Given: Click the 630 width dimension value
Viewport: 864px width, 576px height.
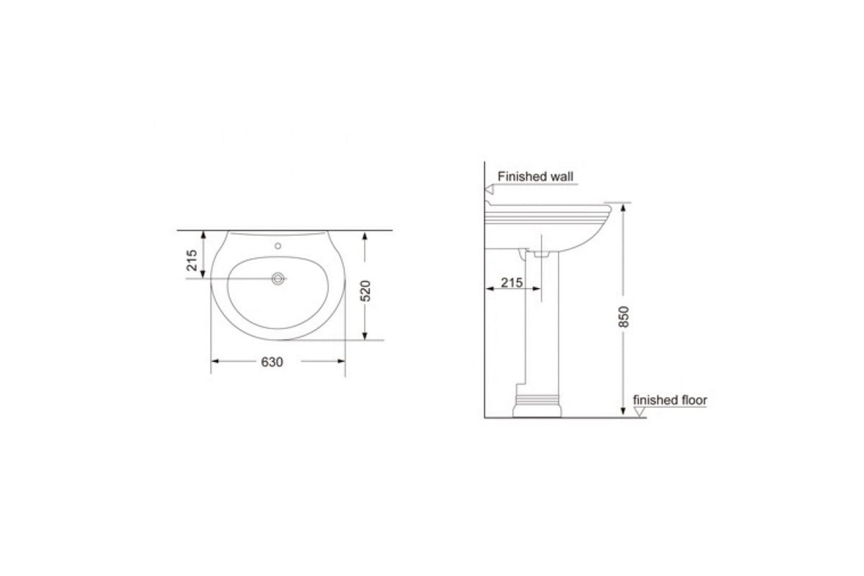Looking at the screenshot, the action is (x=272, y=362).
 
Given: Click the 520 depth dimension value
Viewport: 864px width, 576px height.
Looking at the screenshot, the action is (x=365, y=291).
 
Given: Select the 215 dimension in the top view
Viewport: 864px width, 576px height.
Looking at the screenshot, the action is (x=192, y=260).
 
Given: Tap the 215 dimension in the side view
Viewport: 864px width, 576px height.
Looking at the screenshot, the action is (x=511, y=283).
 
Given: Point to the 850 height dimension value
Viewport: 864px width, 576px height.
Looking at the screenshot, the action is (x=623, y=317).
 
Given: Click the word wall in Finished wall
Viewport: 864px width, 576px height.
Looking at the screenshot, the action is (x=562, y=177).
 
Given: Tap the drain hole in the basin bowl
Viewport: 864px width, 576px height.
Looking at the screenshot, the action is (x=278, y=278).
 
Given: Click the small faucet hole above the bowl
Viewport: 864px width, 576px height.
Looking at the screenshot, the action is (x=278, y=246).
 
